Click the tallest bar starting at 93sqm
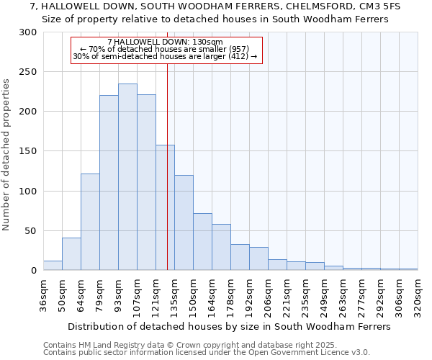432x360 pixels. [127, 177]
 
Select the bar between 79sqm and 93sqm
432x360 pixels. [109, 183]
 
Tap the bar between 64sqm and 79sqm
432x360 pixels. [90, 222]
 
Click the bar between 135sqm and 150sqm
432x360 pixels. [184, 222]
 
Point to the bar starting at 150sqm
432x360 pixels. [202, 242]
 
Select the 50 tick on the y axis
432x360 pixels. [31, 231]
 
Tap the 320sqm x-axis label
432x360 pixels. [418, 293]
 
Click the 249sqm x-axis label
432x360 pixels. [325, 293]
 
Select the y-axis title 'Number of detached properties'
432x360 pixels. [7, 155]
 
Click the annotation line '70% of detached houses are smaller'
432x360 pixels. [166, 49]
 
